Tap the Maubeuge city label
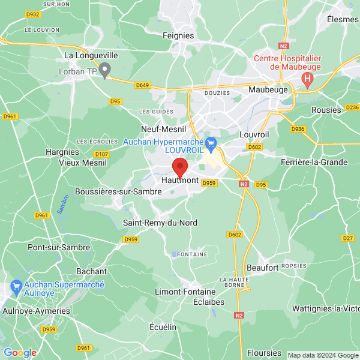[269, 90]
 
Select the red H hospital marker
[308, 79]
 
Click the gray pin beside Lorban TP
[105, 72]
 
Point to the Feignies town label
[178, 35]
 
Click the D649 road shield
[142, 85]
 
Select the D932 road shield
[34, 14]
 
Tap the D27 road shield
[348, 238]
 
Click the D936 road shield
[298, 129]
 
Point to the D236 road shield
[352, 107]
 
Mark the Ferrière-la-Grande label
[314, 162]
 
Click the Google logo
[20, 352]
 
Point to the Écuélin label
[163, 327]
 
